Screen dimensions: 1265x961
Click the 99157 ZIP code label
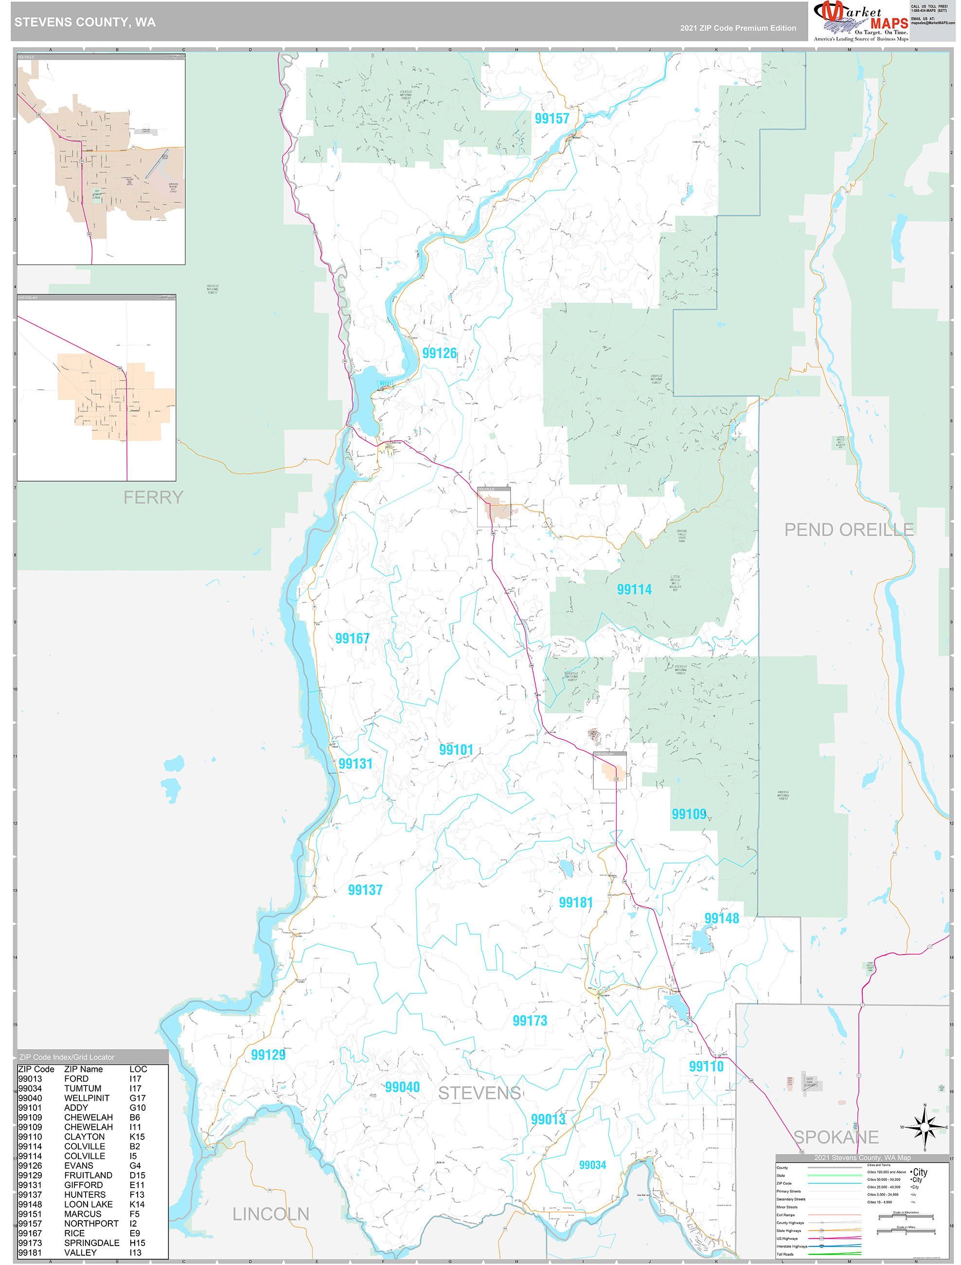[x=552, y=118]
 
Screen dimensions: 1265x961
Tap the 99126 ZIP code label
[x=439, y=353]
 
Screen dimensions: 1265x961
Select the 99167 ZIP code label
[x=353, y=638]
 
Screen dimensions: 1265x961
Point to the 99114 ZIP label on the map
[x=634, y=589]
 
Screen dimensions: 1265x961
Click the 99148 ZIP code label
[x=721, y=918]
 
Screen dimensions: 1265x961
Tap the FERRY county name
[x=153, y=497]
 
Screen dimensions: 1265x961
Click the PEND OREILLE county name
[x=849, y=530]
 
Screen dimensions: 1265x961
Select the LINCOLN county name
[x=270, y=1213]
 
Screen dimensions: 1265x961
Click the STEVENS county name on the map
[x=480, y=1093]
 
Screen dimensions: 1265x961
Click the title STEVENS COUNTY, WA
[x=85, y=22]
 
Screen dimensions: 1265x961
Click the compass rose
[x=925, y=1127]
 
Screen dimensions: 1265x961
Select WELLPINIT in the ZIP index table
[x=87, y=1098]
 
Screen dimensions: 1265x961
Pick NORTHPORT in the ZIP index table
[x=91, y=1223]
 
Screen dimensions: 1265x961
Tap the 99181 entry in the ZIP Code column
[x=30, y=1252]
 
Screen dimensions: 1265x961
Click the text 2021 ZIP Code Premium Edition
[x=738, y=28]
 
